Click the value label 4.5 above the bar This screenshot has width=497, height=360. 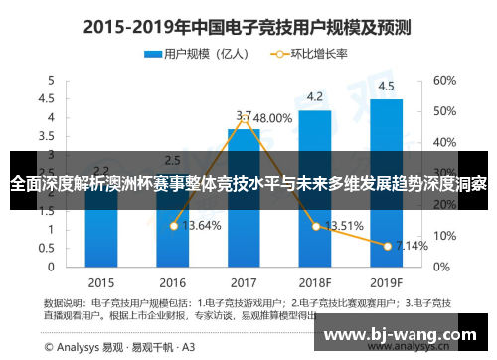tap(386, 86)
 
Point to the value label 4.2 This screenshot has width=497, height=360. tap(315, 96)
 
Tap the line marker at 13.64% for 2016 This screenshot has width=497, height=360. tap(173, 226)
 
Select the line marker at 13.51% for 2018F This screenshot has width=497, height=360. tap(315, 226)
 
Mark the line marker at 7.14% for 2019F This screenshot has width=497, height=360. tap(387, 245)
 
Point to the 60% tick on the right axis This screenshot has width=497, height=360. tap(443, 80)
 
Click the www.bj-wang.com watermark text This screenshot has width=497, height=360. tap(403, 333)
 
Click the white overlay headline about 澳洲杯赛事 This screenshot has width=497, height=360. tap(248, 184)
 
